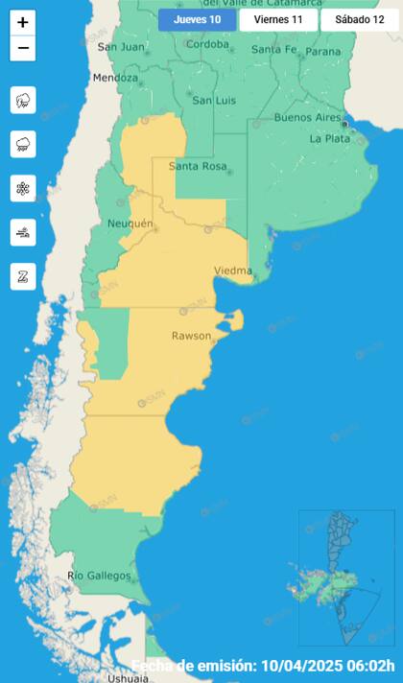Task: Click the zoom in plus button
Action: pos(23,22)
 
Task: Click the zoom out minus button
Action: pos(23,48)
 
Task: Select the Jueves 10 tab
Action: pos(197,20)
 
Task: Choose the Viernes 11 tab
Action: pos(277,20)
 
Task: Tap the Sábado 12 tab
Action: pos(359,20)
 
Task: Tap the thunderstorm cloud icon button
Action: pos(23,100)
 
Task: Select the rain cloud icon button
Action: pos(23,144)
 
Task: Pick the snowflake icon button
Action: pos(23,188)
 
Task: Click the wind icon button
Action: pos(23,232)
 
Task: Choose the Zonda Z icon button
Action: pos(23,276)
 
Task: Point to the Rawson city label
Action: pos(191,336)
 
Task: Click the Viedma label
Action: pos(232,270)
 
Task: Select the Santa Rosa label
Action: pos(198,166)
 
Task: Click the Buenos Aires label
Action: pos(306,118)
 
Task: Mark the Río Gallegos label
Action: pos(99,576)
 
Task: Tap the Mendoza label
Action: pos(115,78)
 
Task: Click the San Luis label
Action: pos(214,100)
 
